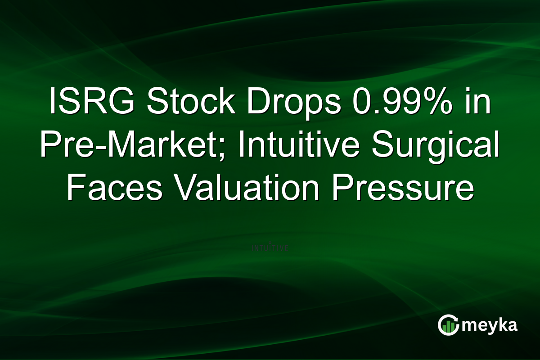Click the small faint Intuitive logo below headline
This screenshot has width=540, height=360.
[x=270, y=247]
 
